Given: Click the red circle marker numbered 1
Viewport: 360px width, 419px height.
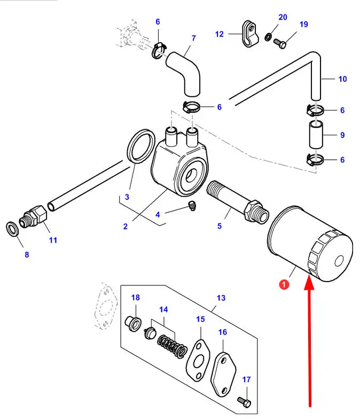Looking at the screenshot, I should [x=284, y=285].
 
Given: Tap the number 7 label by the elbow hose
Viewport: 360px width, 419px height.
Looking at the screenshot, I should [x=193, y=38].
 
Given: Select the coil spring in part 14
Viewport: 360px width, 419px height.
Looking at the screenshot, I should [x=172, y=346].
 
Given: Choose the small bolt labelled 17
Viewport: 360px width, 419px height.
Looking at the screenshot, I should [x=244, y=399].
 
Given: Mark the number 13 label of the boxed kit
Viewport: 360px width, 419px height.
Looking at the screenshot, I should [x=221, y=298].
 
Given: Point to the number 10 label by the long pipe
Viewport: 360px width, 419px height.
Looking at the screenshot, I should [x=342, y=79].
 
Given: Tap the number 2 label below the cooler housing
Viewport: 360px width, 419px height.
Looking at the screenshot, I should [x=125, y=226].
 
